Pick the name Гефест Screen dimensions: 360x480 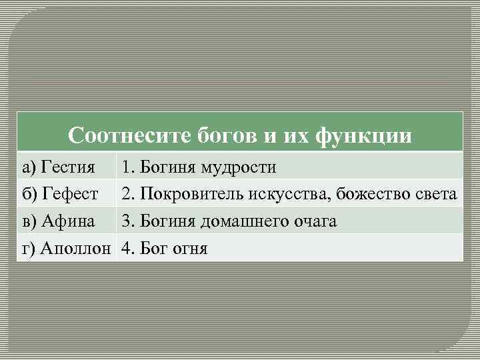(x=70, y=194)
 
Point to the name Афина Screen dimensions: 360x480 (x=68, y=221)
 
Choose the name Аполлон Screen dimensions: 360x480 (x=77, y=249)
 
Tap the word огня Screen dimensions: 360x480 (x=189, y=249)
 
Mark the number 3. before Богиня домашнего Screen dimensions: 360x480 (x=127, y=221)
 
